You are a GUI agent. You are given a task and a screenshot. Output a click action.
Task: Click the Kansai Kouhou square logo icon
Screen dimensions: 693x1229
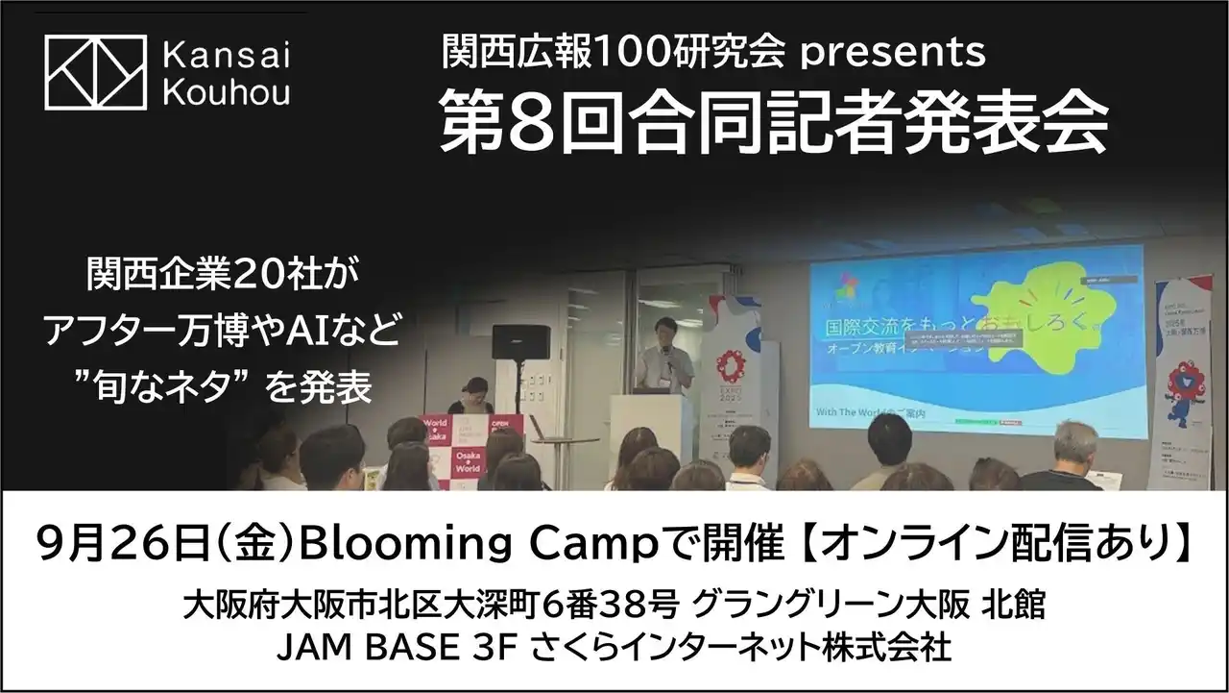[x=95, y=71]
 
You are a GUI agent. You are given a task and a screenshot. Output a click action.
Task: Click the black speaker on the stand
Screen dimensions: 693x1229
[x=520, y=342]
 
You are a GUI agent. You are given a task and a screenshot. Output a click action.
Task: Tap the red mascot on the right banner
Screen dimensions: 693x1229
[x=1183, y=384]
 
